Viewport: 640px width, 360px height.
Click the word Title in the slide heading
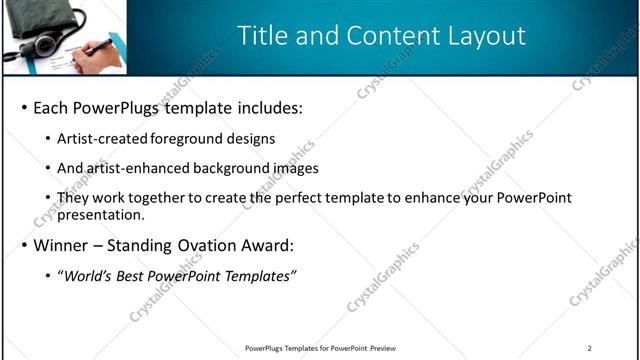262,35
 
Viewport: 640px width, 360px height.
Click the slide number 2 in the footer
589,348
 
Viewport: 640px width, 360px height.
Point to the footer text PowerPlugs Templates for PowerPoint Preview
320,348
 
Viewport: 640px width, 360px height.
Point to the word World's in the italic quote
87,275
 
